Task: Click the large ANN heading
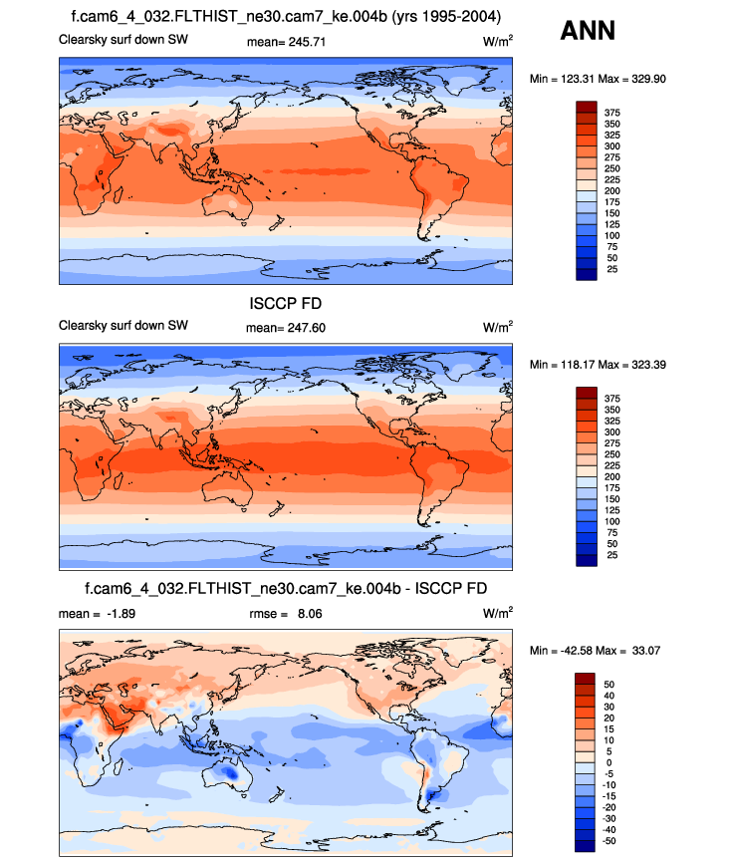(588, 31)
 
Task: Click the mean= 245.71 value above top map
(286, 42)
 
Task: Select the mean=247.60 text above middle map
(286, 328)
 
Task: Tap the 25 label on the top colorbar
(611, 269)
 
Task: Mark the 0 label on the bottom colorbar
(608, 762)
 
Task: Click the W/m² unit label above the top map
(498, 42)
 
